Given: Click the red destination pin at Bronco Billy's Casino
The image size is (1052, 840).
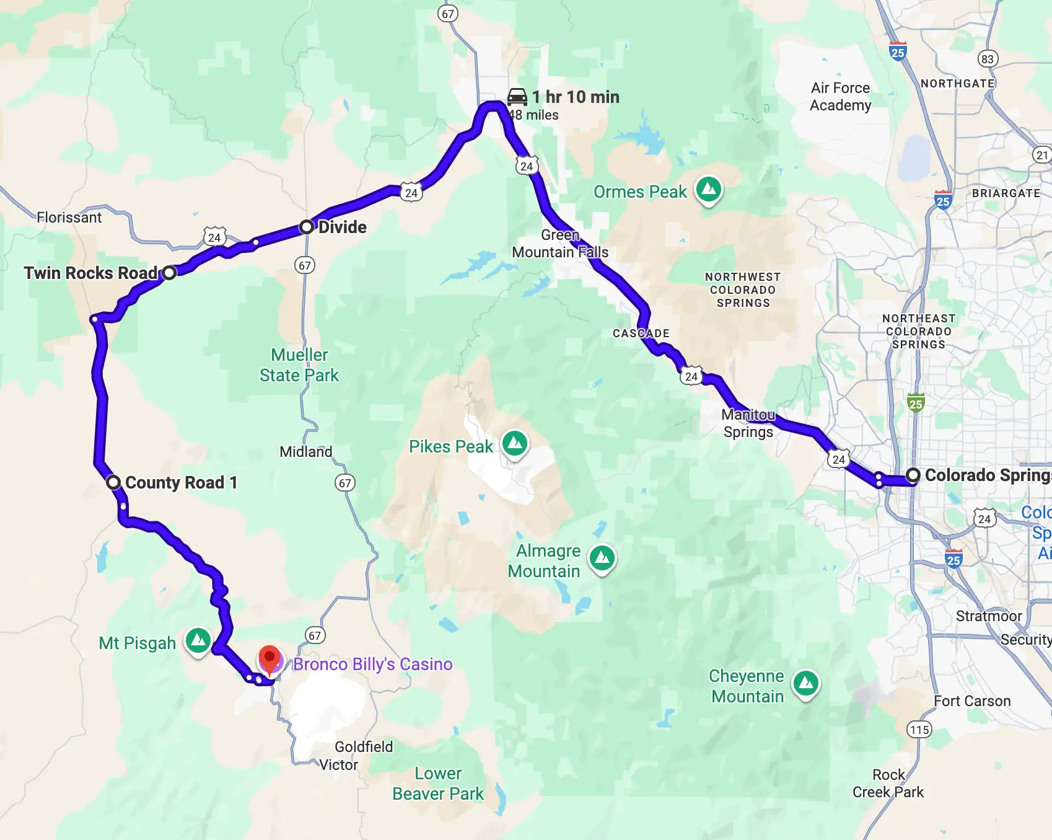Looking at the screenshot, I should pyautogui.click(x=270, y=659).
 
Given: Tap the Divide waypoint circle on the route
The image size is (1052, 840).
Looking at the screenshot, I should pyautogui.click(x=307, y=227).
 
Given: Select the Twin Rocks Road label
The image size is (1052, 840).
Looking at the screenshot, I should pyautogui.click(x=90, y=273).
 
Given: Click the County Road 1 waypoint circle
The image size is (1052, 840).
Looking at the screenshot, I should pyautogui.click(x=113, y=482).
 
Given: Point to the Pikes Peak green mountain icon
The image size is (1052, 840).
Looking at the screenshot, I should pyautogui.click(x=515, y=443).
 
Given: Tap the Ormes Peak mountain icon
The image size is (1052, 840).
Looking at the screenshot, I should pyautogui.click(x=709, y=188).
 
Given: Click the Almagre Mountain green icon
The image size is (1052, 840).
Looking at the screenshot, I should pyautogui.click(x=602, y=558).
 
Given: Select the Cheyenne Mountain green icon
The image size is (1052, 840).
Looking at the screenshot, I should pyautogui.click(x=806, y=683).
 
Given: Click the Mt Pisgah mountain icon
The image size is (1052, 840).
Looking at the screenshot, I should pyautogui.click(x=198, y=639).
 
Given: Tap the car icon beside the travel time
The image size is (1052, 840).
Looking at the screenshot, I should pyautogui.click(x=517, y=97).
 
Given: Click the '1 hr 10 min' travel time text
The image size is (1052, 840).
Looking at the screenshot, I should pyautogui.click(x=576, y=97).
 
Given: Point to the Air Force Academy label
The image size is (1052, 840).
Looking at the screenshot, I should pyautogui.click(x=840, y=97).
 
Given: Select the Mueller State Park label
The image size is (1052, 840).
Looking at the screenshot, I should pyautogui.click(x=299, y=365).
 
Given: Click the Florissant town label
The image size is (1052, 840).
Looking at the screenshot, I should pyautogui.click(x=69, y=218).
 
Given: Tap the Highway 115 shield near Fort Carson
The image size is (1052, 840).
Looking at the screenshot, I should pyautogui.click(x=919, y=730).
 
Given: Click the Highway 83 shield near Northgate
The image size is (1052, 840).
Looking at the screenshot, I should pyautogui.click(x=987, y=59).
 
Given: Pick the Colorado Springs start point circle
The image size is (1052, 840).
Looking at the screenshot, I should pyautogui.click(x=913, y=475).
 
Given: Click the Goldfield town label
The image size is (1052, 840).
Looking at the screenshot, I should pyautogui.click(x=364, y=746).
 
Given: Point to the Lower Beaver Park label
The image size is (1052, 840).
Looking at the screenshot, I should pyautogui.click(x=438, y=784).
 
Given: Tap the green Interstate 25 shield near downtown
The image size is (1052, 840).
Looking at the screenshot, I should pyautogui.click(x=916, y=403).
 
